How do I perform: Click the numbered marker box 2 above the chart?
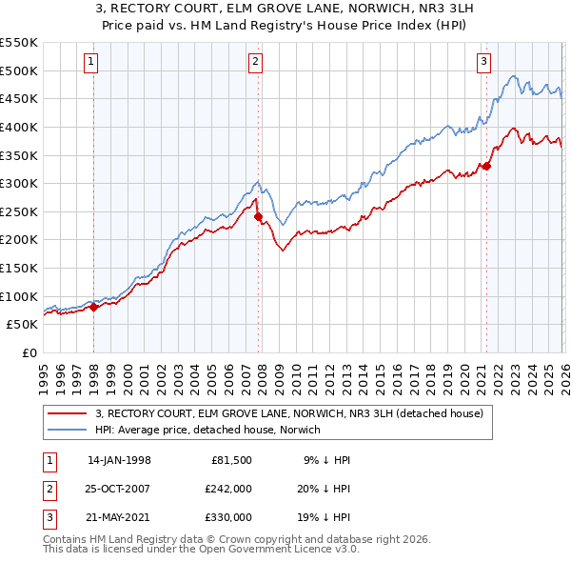pyautogui.click(x=256, y=62)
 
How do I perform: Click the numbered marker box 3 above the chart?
pyautogui.click(x=483, y=62)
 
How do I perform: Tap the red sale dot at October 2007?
pyautogui.click(x=258, y=216)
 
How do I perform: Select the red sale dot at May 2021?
pyautogui.click(x=486, y=167)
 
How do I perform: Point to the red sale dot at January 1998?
pyautogui.click(x=94, y=306)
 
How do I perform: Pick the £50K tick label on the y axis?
pyautogui.click(x=22, y=325)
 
